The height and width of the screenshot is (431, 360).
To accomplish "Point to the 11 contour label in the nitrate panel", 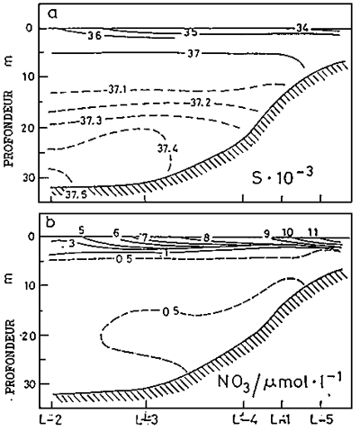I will [313, 232].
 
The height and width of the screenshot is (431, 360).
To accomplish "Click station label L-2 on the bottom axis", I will [53, 419].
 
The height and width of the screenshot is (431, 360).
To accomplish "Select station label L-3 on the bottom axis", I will [149, 419].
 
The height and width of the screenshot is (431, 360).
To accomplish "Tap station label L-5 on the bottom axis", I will [321, 419].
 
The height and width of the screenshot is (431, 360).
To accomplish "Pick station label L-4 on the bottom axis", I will [246, 419].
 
